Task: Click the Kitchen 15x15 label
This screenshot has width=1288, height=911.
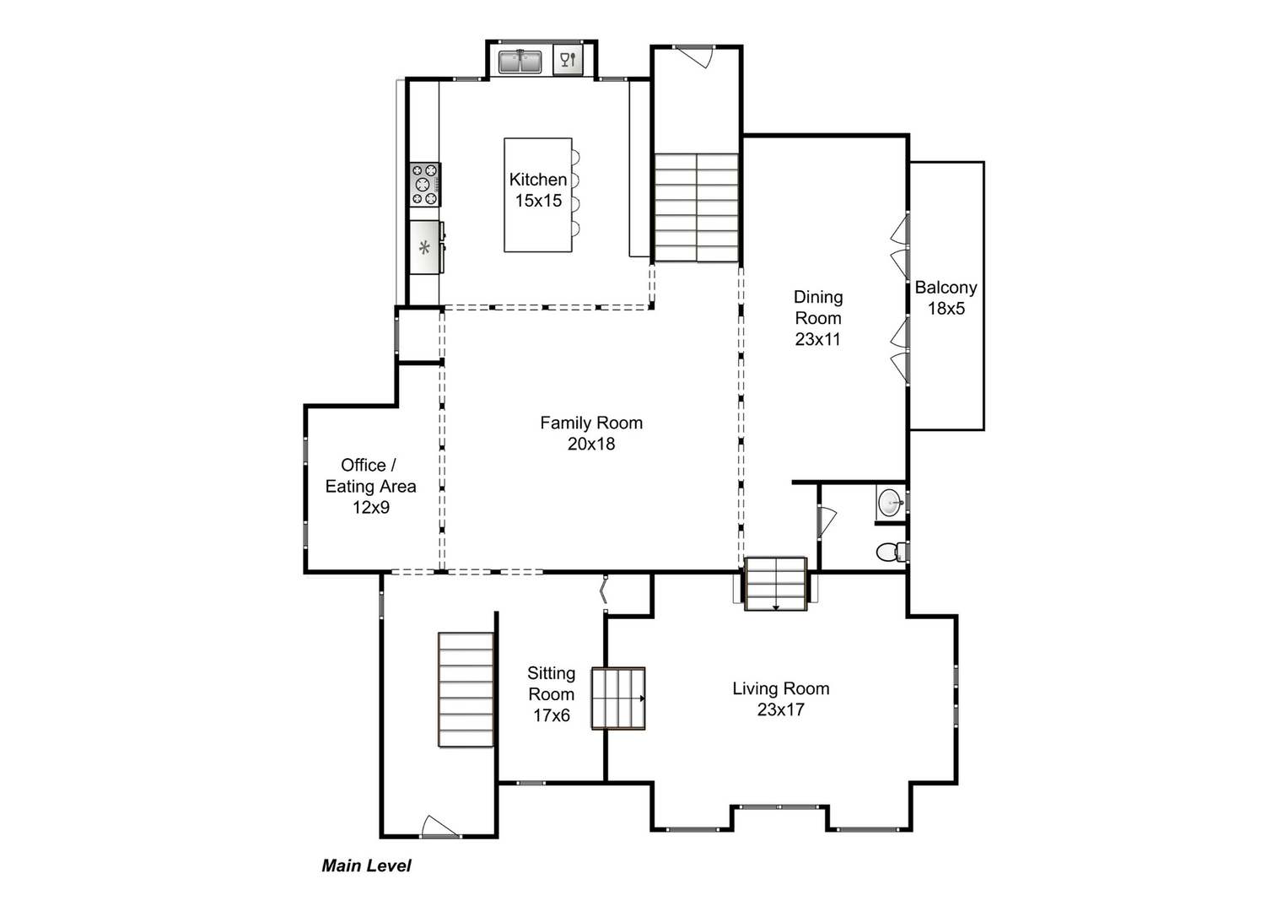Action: tap(538, 190)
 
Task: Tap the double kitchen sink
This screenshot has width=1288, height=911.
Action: tap(519, 62)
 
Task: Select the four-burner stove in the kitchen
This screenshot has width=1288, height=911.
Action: tap(424, 185)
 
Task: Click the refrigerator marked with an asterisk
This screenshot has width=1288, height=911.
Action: tap(425, 247)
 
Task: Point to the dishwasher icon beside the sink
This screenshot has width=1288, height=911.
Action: tap(568, 61)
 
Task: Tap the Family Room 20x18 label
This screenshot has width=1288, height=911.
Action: tap(591, 433)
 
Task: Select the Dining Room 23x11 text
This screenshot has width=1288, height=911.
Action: tap(817, 318)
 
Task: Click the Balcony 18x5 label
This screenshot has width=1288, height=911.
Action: tap(946, 298)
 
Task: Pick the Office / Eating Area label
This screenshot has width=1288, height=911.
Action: tap(370, 486)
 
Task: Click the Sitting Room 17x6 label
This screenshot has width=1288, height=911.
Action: tap(551, 694)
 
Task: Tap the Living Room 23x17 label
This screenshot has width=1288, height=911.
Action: tap(780, 698)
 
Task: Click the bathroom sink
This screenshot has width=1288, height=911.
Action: tap(890, 504)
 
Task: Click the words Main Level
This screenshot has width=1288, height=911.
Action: tap(366, 865)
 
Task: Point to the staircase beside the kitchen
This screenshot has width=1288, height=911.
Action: tap(697, 208)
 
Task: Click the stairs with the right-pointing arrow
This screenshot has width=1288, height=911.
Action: tap(618, 698)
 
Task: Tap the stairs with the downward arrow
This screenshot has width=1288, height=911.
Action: tap(775, 584)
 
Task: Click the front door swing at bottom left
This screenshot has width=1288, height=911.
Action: tap(439, 827)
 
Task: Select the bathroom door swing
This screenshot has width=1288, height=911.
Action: tap(826, 520)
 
